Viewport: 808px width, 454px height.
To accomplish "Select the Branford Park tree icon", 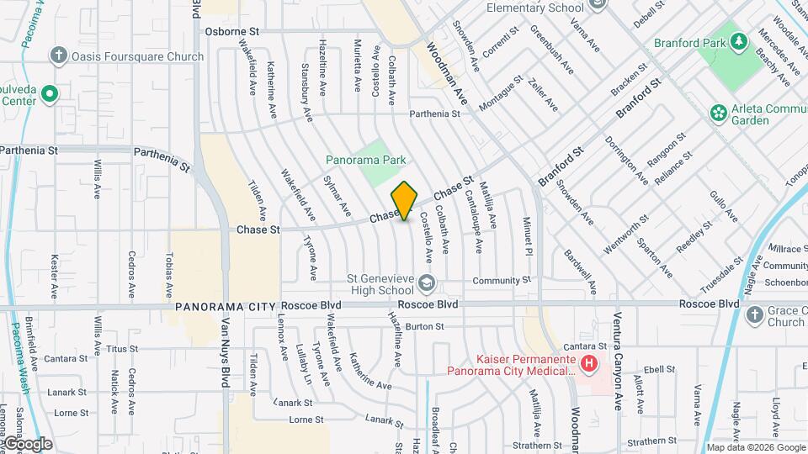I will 738,41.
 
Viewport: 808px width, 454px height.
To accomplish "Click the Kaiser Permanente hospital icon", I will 589,363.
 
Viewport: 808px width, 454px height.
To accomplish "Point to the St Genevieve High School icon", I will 427,282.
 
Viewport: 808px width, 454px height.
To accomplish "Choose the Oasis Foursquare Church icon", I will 58,56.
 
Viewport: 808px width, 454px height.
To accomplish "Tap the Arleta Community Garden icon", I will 718,112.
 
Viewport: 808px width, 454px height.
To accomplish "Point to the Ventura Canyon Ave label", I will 617,365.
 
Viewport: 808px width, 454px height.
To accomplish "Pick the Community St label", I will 502,280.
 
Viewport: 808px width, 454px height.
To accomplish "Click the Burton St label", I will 423,326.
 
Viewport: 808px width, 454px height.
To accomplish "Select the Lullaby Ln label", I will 302,364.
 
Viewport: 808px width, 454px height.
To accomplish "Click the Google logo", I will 27,443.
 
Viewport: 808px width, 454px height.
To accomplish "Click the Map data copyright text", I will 755,447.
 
